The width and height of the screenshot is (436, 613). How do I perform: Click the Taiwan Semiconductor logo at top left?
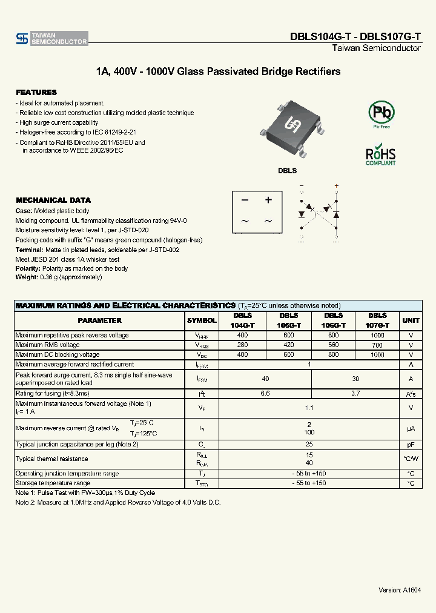click(x=52, y=39)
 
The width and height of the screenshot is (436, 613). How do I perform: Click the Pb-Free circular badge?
click(x=381, y=113)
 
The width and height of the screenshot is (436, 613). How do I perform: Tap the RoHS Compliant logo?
click(x=381, y=154)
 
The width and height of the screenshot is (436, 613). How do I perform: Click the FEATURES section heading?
click(x=36, y=92)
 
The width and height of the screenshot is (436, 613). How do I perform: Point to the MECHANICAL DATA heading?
click(x=53, y=200)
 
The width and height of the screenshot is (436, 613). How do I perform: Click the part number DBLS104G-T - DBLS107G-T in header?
click(x=355, y=37)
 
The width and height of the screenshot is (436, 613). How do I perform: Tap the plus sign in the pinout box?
click(x=268, y=200)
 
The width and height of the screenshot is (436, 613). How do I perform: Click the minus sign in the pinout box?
click(x=245, y=200)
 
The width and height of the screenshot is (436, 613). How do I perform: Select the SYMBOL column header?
click(x=202, y=320)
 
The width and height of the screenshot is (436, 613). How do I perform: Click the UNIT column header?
click(x=411, y=320)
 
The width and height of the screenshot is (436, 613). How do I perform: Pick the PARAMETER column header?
click(x=99, y=320)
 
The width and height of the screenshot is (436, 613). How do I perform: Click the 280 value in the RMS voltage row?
click(x=243, y=345)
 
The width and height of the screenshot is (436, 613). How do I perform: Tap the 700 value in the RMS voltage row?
click(x=377, y=345)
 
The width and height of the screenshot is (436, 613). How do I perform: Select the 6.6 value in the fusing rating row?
click(x=265, y=393)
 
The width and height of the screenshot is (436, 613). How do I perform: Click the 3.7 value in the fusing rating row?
click(x=355, y=393)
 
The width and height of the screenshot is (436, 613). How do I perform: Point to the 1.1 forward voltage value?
click(x=309, y=408)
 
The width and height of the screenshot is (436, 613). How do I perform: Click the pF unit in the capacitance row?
click(x=411, y=444)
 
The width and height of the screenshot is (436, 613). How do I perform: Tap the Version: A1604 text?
click(x=400, y=589)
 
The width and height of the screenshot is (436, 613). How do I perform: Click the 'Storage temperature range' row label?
click(x=53, y=483)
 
